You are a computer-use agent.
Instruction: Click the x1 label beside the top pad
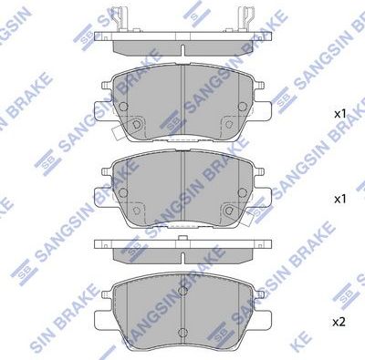click(x=339, y=114)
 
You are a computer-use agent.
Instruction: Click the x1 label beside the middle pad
click(x=339, y=197)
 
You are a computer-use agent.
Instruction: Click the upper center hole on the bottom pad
click(x=183, y=292)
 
